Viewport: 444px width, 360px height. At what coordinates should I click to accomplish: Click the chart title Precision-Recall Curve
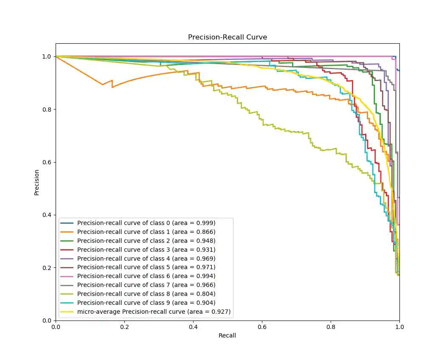tap(228, 37)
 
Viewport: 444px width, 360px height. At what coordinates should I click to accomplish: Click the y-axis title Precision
tap(37, 182)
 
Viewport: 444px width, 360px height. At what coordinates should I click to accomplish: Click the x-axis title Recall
tap(227, 335)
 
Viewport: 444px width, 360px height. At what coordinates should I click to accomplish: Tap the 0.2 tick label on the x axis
tap(124, 327)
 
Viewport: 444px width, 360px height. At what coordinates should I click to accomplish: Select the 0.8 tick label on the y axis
tap(47, 109)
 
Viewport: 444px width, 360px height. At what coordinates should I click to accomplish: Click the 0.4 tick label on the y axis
tap(47, 215)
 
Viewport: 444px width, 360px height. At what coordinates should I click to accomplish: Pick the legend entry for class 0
tap(146, 223)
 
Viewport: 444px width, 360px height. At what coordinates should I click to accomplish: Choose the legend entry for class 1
tap(146, 232)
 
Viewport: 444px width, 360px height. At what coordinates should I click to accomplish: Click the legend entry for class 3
tap(146, 250)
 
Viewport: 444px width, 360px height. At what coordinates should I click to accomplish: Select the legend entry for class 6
tap(146, 276)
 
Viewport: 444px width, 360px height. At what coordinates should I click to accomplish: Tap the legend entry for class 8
tap(146, 294)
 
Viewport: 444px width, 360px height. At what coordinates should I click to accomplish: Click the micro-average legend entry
tap(154, 312)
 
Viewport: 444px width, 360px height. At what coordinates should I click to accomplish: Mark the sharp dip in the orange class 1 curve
tap(102, 84)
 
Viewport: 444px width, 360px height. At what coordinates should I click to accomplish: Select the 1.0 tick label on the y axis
tap(47, 56)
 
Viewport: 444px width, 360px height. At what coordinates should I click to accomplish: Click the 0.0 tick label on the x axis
tap(56, 327)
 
